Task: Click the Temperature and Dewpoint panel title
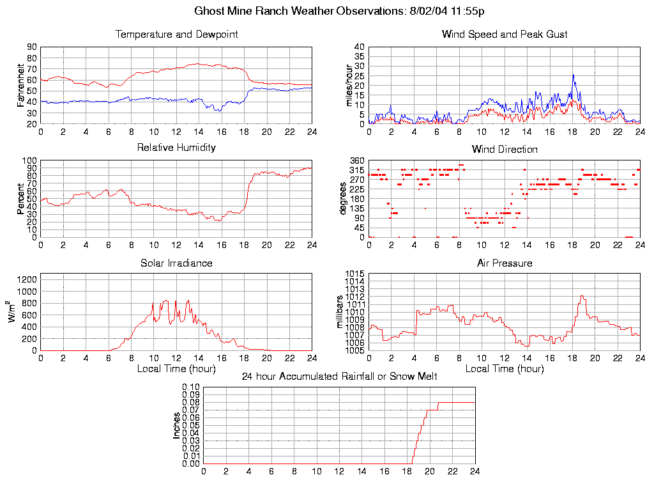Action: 176,34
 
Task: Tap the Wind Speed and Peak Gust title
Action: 505,34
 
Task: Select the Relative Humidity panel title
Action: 176,148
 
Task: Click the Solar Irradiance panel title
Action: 176,263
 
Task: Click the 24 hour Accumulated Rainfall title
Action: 339,377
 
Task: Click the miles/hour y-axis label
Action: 349,85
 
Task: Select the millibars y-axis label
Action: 340,312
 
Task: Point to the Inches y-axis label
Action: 176,425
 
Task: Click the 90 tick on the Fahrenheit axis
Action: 31,47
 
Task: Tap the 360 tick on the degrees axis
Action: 356,161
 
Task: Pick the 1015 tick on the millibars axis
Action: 354,274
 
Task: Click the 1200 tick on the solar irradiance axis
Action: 27,279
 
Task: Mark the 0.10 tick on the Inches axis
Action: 192,387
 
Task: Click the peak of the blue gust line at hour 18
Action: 574,75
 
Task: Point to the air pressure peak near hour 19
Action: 582,296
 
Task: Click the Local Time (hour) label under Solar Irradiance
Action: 176,368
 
